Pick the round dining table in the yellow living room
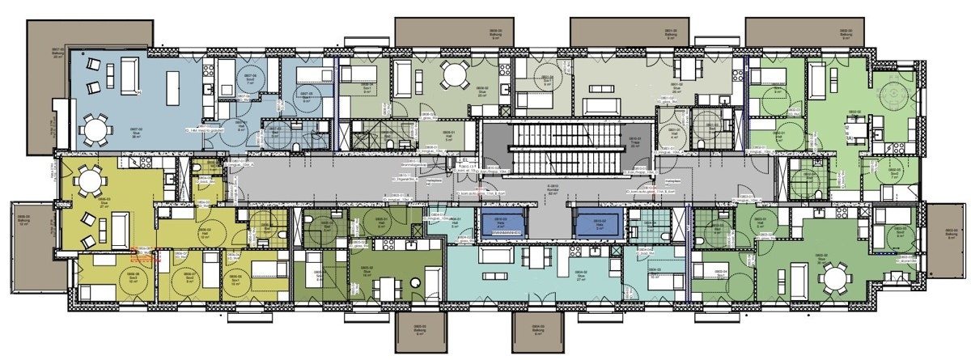(87, 185)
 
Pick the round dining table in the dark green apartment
(833, 279)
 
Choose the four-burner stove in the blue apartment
(207, 71)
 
